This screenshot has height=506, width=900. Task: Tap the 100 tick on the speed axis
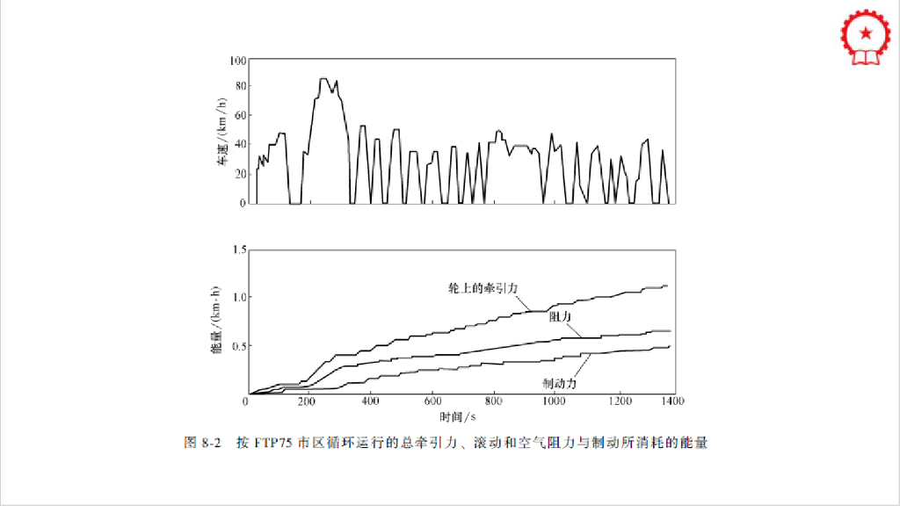point(237,61)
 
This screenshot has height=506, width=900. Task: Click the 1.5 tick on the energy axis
point(237,250)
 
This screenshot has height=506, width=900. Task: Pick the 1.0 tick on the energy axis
point(237,297)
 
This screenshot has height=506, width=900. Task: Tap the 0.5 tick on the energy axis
point(237,345)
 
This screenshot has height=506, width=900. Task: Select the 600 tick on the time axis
point(432,401)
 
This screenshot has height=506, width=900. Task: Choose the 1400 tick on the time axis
point(672,401)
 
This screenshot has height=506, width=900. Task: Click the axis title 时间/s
point(458,415)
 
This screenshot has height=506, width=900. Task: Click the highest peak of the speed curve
point(323,79)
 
